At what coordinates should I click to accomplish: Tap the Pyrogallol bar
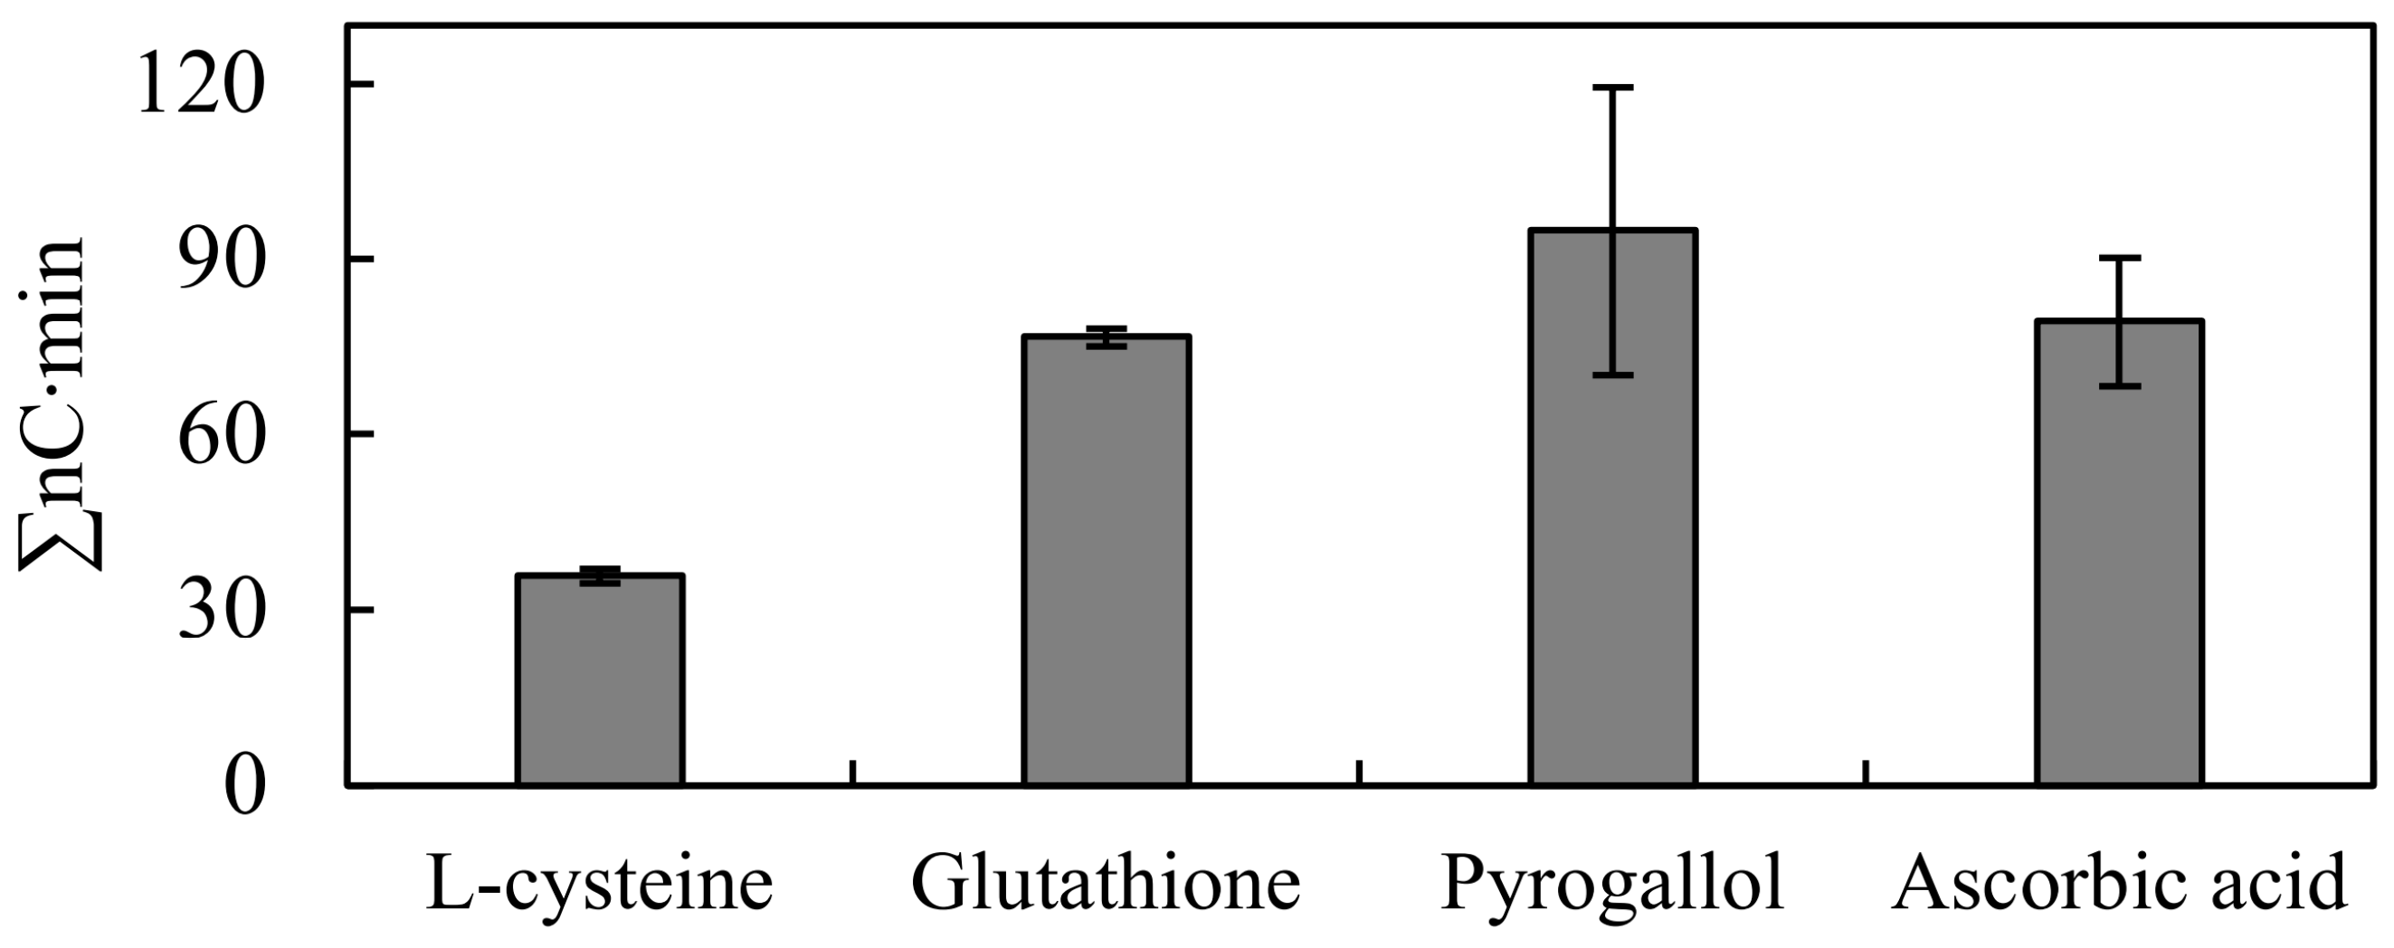point(1613,520)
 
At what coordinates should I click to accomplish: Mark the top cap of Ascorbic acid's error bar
point(2120,258)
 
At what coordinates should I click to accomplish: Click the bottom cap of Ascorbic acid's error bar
point(2120,385)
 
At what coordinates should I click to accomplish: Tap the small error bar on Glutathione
point(1106,337)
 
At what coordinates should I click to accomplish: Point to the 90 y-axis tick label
point(216,261)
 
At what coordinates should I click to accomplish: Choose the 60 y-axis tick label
point(216,436)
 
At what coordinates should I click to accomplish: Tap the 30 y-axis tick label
point(216,612)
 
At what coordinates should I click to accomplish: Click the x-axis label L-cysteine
point(601,884)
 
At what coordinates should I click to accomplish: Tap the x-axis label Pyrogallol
point(1612,886)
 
